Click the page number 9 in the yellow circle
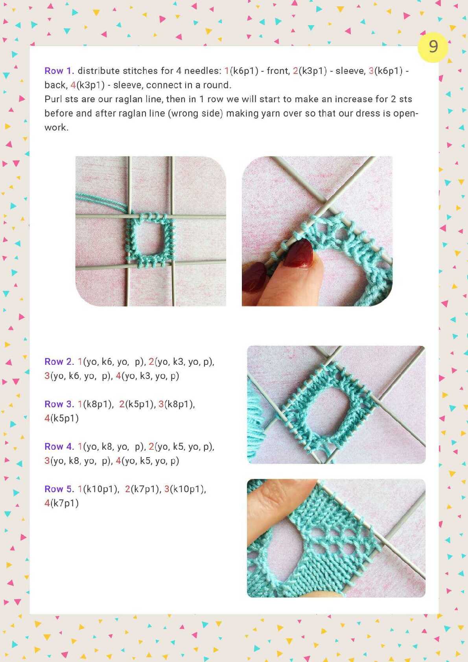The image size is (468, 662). pos(433,46)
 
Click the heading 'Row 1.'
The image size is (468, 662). pos(59,71)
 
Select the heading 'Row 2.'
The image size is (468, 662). pos(59,362)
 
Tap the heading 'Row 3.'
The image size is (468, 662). pos(59,404)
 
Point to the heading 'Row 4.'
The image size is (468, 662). pos(59,447)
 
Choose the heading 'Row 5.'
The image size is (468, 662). pos(59,489)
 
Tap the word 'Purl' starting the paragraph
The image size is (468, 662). pos(53,99)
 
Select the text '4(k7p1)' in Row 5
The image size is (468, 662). pos(61,503)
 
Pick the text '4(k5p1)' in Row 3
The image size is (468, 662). pos(61,418)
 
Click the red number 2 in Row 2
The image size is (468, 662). pos(151,362)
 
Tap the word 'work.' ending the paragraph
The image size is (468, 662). pos(57,128)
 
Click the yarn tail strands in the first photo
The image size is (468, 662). pos(101,201)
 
